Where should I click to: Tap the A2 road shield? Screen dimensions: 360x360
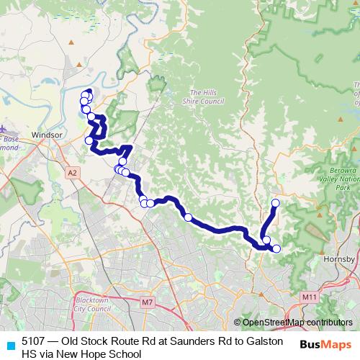point(72,173)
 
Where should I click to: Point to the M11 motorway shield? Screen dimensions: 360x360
point(310,297)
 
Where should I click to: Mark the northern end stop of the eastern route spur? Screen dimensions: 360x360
point(275,203)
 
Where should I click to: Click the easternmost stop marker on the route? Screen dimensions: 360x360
point(276,249)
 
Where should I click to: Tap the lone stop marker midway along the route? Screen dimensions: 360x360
point(188,217)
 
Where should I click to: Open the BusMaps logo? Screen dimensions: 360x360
point(326,343)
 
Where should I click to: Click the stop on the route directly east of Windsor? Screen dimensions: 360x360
point(89,140)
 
